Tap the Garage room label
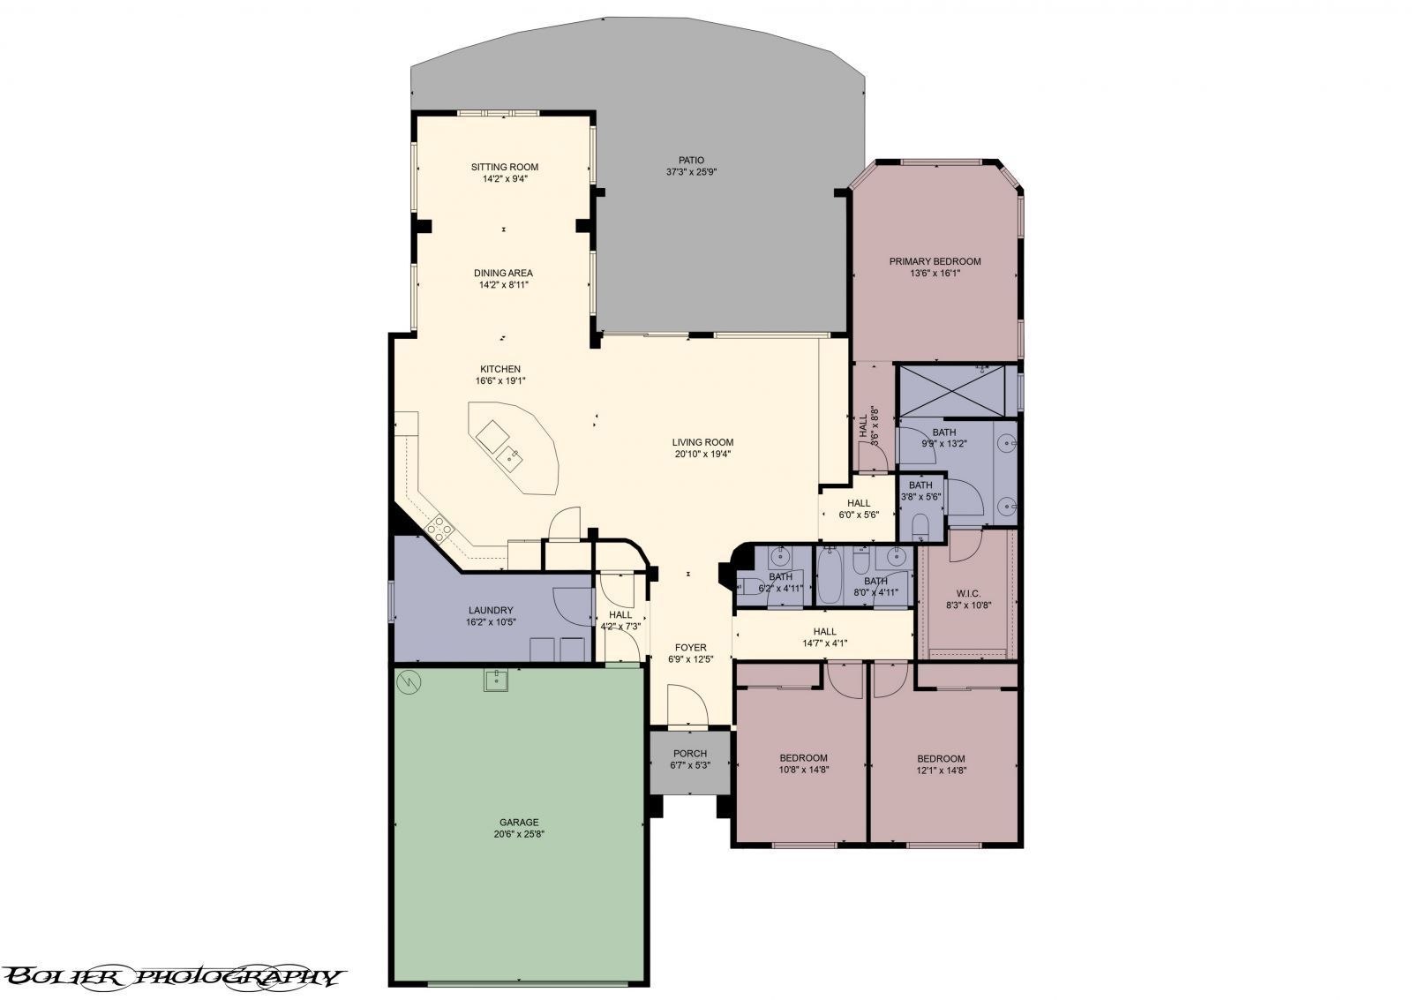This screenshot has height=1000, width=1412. click(516, 822)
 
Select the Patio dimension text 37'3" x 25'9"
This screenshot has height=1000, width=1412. click(691, 172)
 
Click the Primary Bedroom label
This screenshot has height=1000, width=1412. click(935, 261)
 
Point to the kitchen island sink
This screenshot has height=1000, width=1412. click(509, 456)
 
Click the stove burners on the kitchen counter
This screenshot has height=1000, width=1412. click(439, 529)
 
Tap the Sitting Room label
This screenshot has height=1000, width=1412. click(504, 167)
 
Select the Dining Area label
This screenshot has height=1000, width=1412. click(503, 273)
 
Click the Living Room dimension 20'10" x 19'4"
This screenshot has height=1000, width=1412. click(702, 455)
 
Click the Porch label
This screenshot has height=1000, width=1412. click(690, 754)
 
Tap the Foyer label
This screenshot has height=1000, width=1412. click(691, 648)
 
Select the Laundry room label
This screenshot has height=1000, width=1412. click(491, 610)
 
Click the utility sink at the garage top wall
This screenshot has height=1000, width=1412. click(497, 680)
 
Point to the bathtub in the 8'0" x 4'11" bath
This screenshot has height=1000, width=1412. click(829, 578)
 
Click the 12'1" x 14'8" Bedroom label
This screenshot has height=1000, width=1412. click(941, 758)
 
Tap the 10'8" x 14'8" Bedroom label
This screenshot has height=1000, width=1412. click(803, 758)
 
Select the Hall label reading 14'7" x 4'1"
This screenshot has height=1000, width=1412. click(824, 631)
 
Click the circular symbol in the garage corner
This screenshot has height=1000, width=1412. click(409, 681)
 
